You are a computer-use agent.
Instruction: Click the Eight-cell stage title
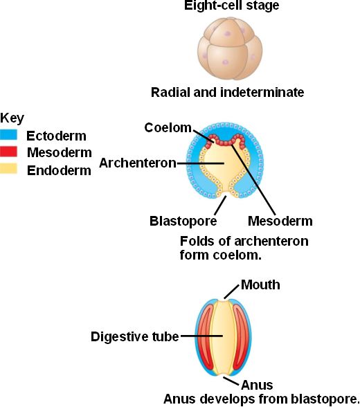pos(231,6)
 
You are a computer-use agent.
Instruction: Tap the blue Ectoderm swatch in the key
pos(8,135)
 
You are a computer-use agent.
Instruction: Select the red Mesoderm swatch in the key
pos(8,152)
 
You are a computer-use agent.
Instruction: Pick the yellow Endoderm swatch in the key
pos(8,168)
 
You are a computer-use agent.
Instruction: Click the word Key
pos(12,118)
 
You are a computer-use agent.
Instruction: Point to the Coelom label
pos(168,127)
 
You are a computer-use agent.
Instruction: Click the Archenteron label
pos(138,163)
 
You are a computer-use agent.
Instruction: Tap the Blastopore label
pos(183,221)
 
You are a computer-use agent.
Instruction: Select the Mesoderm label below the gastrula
pos(280,221)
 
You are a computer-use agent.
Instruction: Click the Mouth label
pos(260,284)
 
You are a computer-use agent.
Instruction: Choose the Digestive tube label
pos(135,336)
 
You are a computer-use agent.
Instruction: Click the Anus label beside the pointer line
pos(257,385)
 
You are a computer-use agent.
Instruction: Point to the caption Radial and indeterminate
pos(227,93)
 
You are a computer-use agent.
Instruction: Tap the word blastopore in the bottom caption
pos(324,399)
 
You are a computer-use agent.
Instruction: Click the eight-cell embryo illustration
pos(230,48)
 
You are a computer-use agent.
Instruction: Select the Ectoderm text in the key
pos(56,136)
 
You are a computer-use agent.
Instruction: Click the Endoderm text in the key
pos(59,170)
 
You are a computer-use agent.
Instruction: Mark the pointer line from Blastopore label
pos(220,206)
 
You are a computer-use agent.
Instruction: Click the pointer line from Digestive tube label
pos(201,336)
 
